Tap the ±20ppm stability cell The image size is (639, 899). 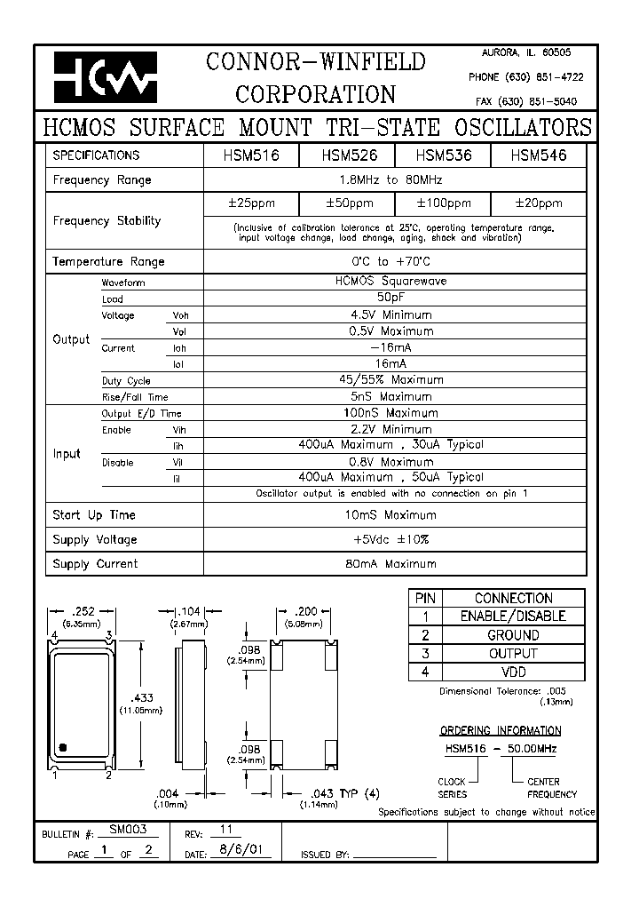538,203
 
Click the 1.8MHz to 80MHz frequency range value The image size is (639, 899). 394,179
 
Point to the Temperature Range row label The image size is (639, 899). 108,262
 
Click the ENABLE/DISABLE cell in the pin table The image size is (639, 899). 512,617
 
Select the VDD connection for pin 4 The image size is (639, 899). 512,672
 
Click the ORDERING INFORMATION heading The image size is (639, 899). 501,731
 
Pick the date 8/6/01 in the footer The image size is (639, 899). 239,851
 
